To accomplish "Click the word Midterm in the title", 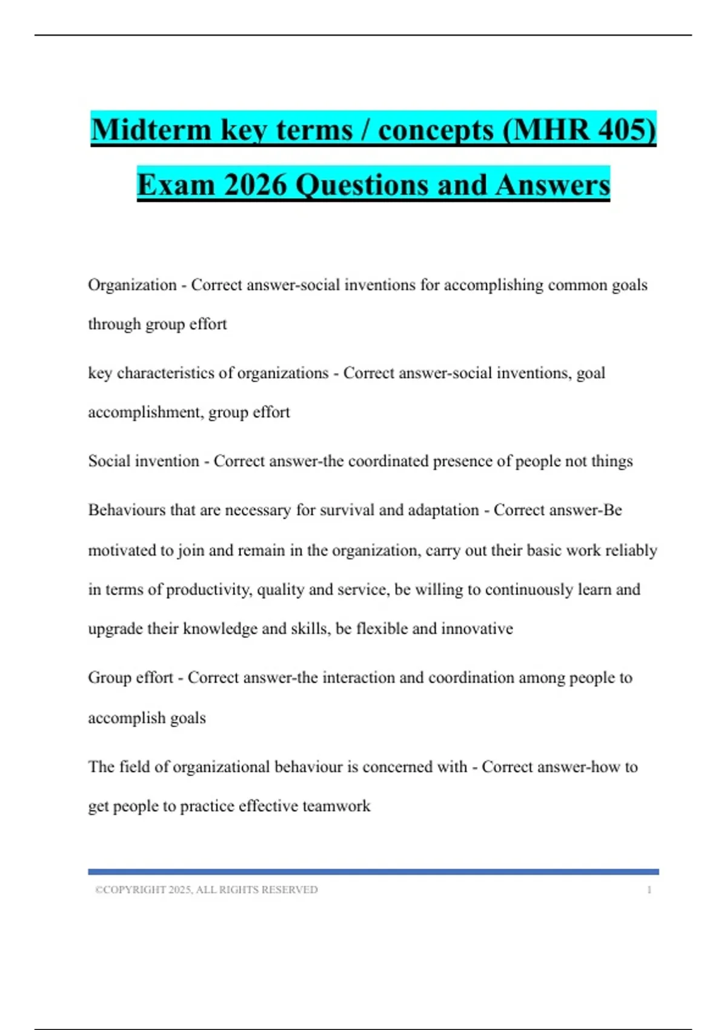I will pyautogui.click(x=151, y=130).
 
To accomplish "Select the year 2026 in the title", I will pyautogui.click(x=254, y=185).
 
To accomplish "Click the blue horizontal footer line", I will pyautogui.click(x=373, y=872).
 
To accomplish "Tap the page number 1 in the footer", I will pyautogui.click(x=649, y=890).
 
